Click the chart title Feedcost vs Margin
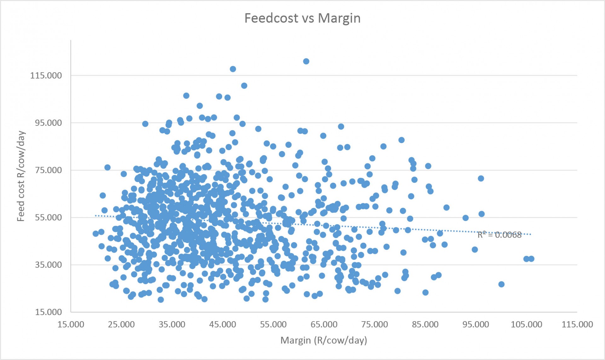click(x=302, y=18)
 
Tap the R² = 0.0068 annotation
click(x=499, y=235)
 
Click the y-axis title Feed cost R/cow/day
click(x=21, y=176)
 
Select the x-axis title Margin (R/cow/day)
click(x=324, y=340)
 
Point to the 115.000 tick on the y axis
click(x=46, y=76)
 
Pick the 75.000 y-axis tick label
click(x=48, y=170)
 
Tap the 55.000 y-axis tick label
click(x=48, y=218)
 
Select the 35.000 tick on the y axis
click(x=48, y=265)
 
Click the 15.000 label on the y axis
click(x=48, y=312)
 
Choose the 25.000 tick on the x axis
click(x=121, y=324)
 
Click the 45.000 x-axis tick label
click(x=222, y=324)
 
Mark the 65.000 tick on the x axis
click(x=324, y=324)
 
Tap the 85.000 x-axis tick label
click(x=425, y=324)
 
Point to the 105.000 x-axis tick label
click(x=526, y=324)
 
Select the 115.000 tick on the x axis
click(x=577, y=324)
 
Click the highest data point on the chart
click(x=306, y=61)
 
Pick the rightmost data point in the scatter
click(x=531, y=259)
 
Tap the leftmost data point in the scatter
click(x=96, y=234)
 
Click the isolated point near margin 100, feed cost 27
click(x=501, y=284)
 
